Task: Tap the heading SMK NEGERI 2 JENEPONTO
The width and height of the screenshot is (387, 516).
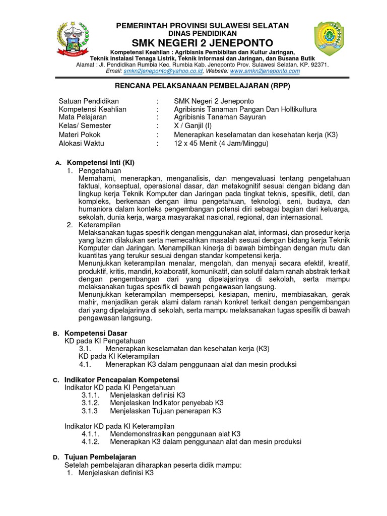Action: tap(203, 42)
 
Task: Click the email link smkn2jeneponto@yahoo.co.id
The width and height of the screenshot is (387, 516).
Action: tap(159, 71)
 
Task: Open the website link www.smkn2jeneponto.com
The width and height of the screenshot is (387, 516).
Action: tap(265, 71)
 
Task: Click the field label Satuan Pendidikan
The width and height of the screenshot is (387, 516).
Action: tap(89, 101)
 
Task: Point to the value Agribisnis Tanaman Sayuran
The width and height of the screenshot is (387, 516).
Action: tap(219, 117)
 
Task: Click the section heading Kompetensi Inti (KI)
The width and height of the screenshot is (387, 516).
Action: tap(101, 163)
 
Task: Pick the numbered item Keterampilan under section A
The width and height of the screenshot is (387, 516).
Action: tap(100, 224)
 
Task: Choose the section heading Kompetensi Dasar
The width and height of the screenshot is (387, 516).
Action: tap(96, 333)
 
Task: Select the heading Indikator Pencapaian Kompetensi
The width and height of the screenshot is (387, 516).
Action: tap(122, 379)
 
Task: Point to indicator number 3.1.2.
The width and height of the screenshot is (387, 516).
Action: tap(91, 403)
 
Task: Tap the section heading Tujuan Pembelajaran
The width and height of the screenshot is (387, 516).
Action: tap(100, 457)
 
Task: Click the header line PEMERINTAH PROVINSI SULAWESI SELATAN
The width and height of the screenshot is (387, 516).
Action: tap(203, 25)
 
